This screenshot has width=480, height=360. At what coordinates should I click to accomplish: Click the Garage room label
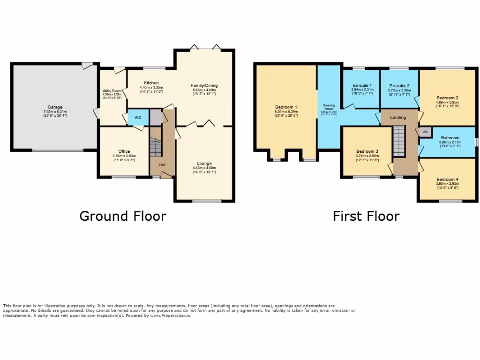pos(54,107)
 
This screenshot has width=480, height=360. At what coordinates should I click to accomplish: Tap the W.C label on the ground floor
pos(139,117)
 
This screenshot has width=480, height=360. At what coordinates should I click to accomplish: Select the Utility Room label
pos(112,90)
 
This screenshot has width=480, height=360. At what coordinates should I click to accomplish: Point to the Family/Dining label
pos(204,85)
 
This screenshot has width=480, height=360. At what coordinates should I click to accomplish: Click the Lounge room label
pos(204,164)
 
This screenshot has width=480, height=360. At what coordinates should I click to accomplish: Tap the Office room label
pos(124,151)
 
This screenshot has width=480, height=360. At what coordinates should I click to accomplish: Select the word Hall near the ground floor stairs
pos(162,165)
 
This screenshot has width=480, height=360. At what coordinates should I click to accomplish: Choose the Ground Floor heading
pos(122,216)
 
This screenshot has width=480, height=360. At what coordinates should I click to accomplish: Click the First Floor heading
pos(366,216)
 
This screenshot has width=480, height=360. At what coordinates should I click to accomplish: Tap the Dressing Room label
pos(328,107)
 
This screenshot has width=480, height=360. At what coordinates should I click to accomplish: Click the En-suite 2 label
pos(399,85)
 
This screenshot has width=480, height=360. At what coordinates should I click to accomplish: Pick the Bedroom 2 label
pos(448,98)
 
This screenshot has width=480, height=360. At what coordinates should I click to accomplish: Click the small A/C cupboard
pos(425,132)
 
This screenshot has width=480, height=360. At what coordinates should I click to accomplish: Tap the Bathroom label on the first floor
pos(450,138)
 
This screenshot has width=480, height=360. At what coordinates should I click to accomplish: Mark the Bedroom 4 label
pos(447,180)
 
